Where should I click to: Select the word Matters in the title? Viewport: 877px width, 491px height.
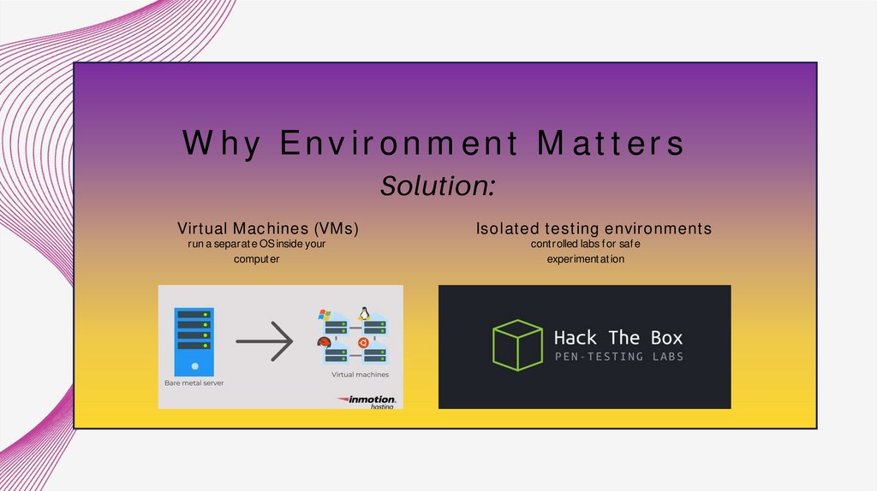click(611, 144)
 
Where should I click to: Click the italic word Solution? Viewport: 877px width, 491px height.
click(438, 186)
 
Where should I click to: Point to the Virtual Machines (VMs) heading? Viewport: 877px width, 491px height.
click(268, 228)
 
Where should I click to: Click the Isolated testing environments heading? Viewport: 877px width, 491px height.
click(594, 228)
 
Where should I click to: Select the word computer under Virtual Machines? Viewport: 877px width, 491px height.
click(257, 259)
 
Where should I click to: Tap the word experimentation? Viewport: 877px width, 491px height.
click(586, 259)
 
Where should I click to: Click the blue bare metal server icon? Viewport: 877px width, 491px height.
click(194, 341)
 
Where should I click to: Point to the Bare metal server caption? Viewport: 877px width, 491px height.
click(194, 383)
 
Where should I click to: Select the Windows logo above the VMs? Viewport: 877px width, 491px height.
click(325, 316)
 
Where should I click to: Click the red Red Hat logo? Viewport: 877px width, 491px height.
click(325, 345)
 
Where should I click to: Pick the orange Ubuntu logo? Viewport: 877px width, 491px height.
click(362, 344)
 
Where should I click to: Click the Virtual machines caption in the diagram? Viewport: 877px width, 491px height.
click(360, 375)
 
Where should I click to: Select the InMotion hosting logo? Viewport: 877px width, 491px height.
click(367, 400)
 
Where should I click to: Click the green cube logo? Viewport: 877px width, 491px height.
click(516, 345)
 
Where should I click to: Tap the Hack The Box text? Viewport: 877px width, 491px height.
click(618, 338)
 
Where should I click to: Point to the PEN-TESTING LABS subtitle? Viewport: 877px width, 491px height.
click(618, 357)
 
